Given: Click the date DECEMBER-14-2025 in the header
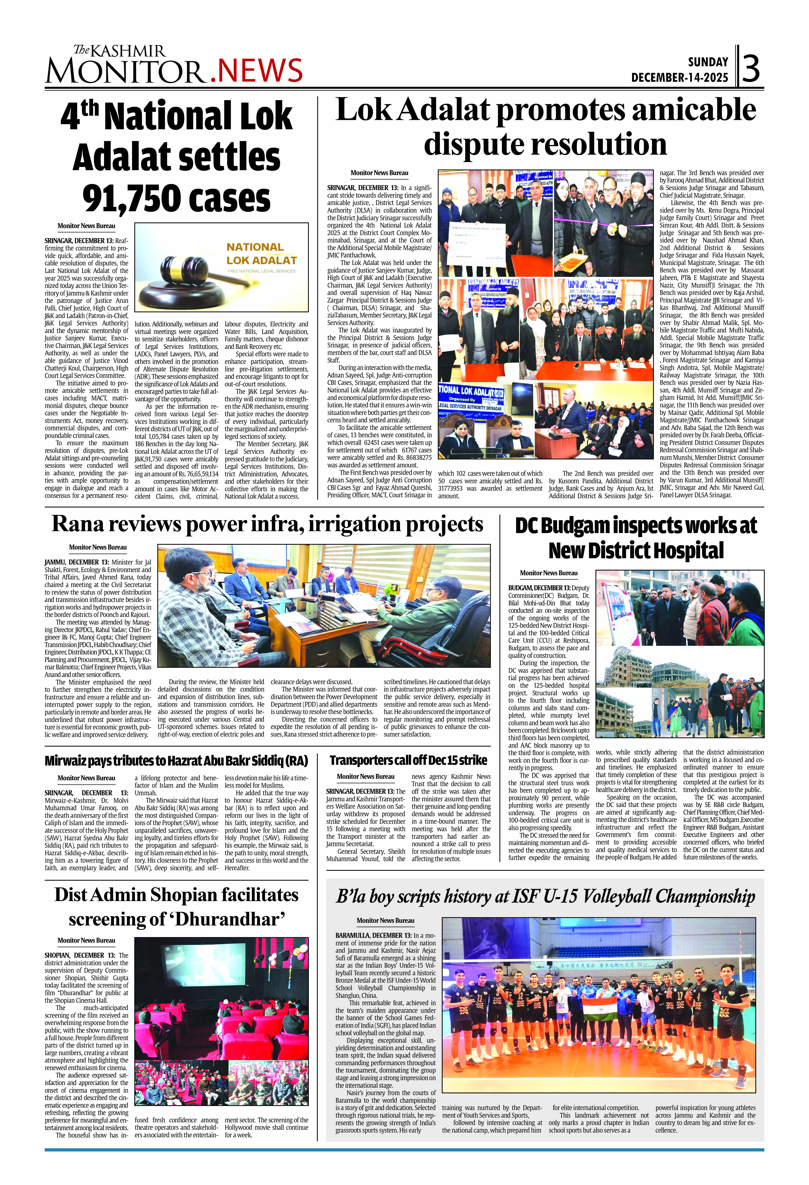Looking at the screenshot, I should click(680, 77).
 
